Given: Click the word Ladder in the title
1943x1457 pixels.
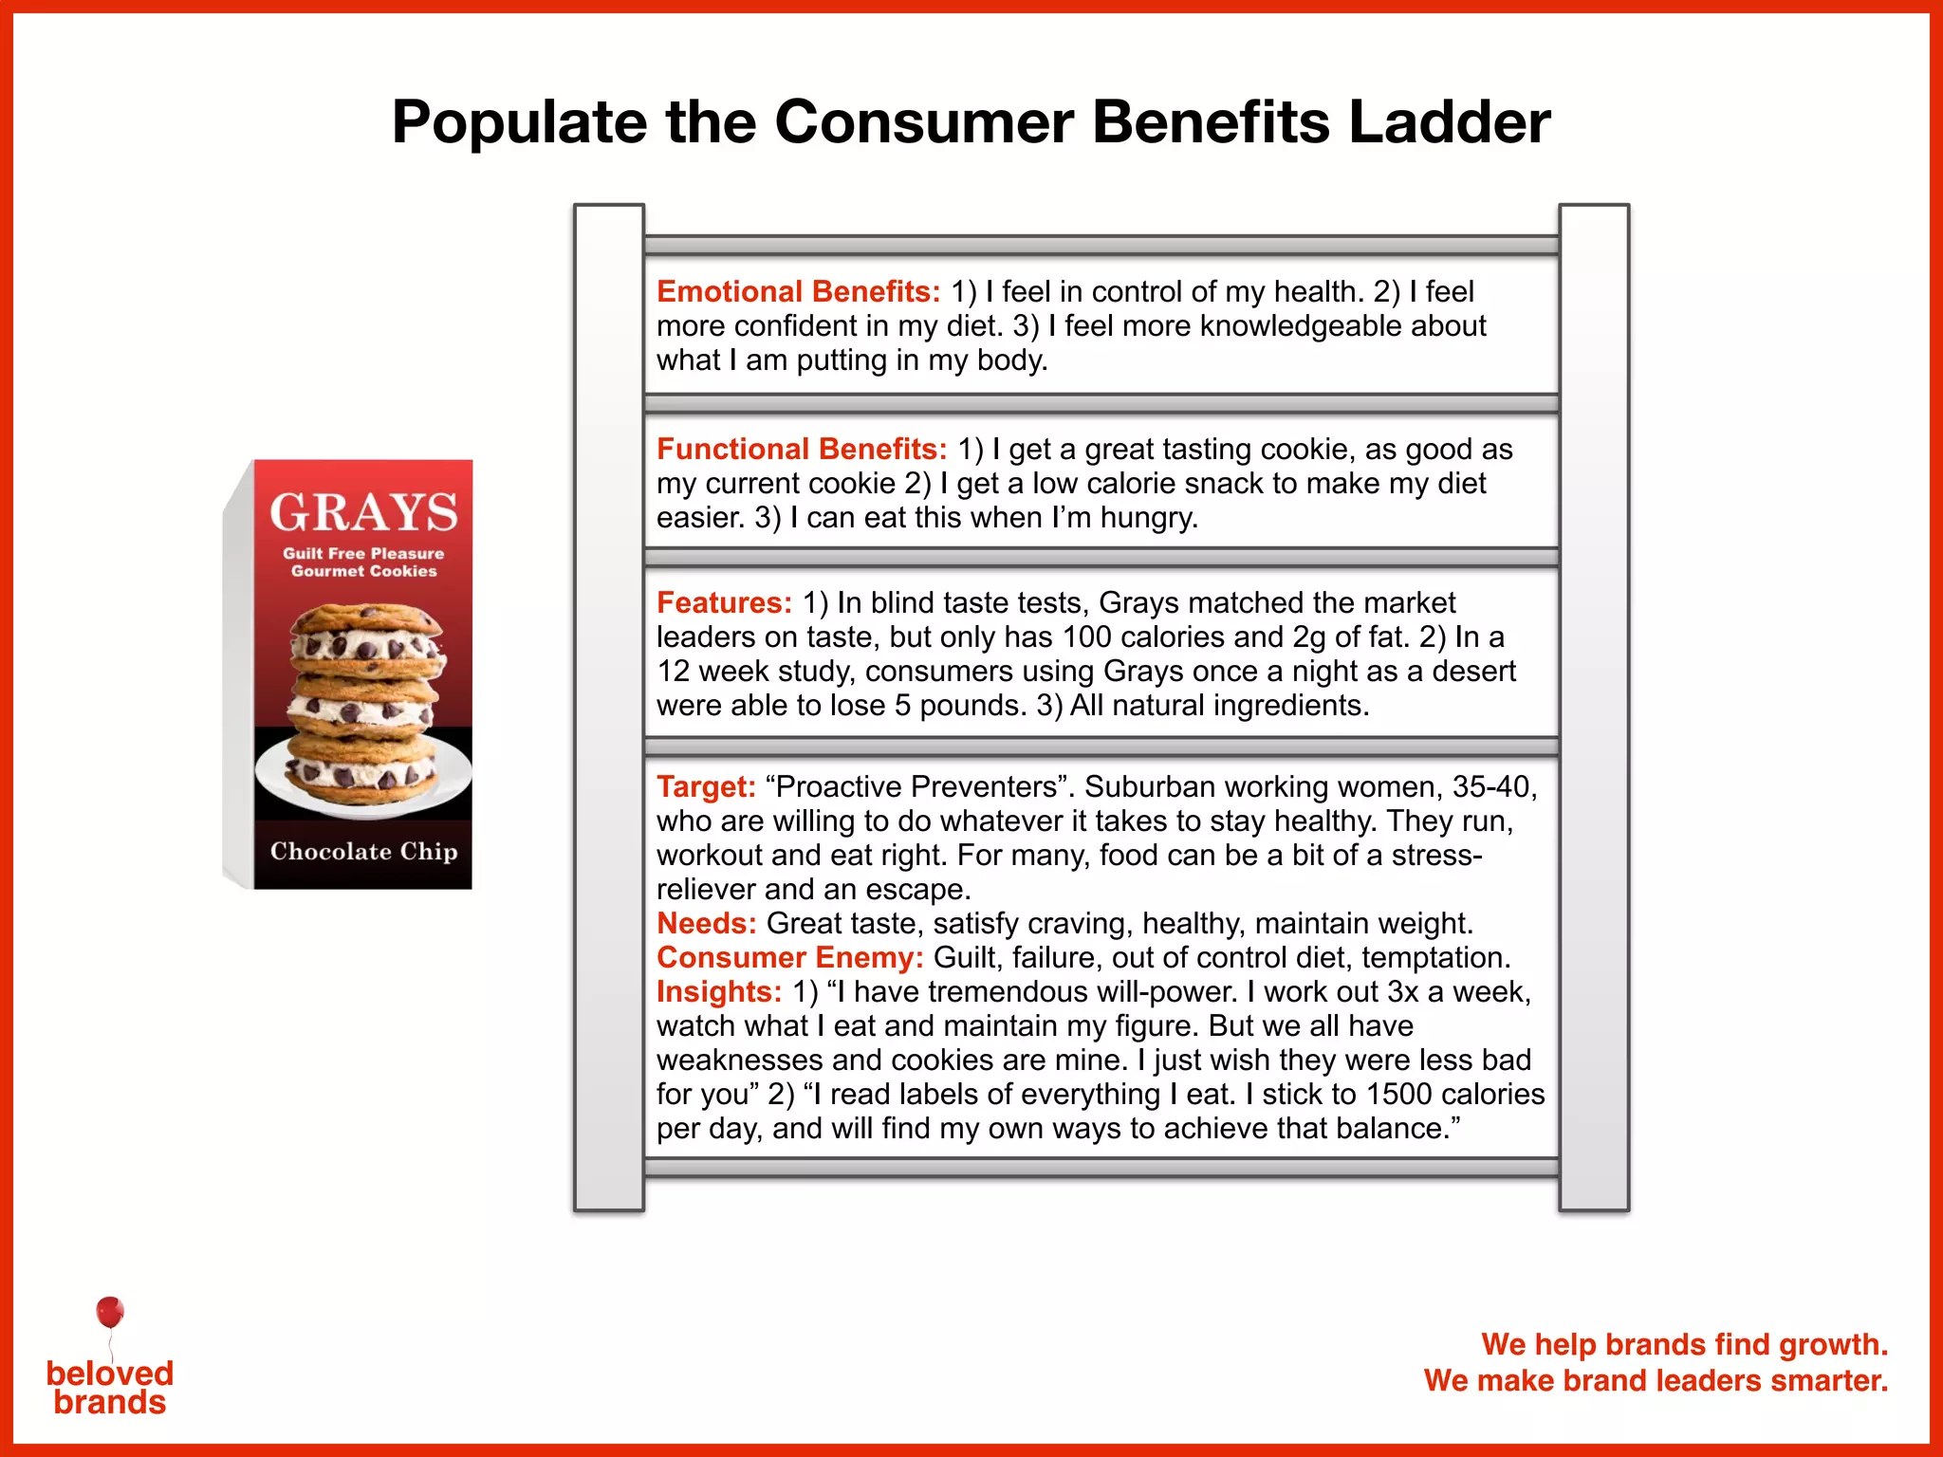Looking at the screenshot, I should [1450, 123].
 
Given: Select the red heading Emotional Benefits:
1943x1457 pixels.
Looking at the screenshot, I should [798, 291].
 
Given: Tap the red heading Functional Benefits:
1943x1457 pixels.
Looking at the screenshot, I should [802, 449].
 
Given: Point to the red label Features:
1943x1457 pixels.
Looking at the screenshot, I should [724, 602].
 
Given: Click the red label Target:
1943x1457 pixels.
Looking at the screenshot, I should [706, 786].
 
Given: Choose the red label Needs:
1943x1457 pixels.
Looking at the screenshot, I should [706, 923].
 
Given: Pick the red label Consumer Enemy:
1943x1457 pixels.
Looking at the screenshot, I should [789, 957].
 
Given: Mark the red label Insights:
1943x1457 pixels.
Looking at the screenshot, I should [719, 991].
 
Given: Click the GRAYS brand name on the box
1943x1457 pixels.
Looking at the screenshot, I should [363, 512].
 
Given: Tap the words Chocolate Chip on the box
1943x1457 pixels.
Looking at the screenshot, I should [363, 851].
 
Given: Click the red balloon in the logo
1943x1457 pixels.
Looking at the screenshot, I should [110, 1312].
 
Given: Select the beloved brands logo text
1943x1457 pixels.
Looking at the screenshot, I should [110, 1388].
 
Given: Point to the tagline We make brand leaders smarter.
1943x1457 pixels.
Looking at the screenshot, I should [1656, 1380].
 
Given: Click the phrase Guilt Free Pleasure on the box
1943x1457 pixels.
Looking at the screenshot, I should [363, 553].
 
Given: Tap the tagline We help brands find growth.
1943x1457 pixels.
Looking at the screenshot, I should [1684, 1344].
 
